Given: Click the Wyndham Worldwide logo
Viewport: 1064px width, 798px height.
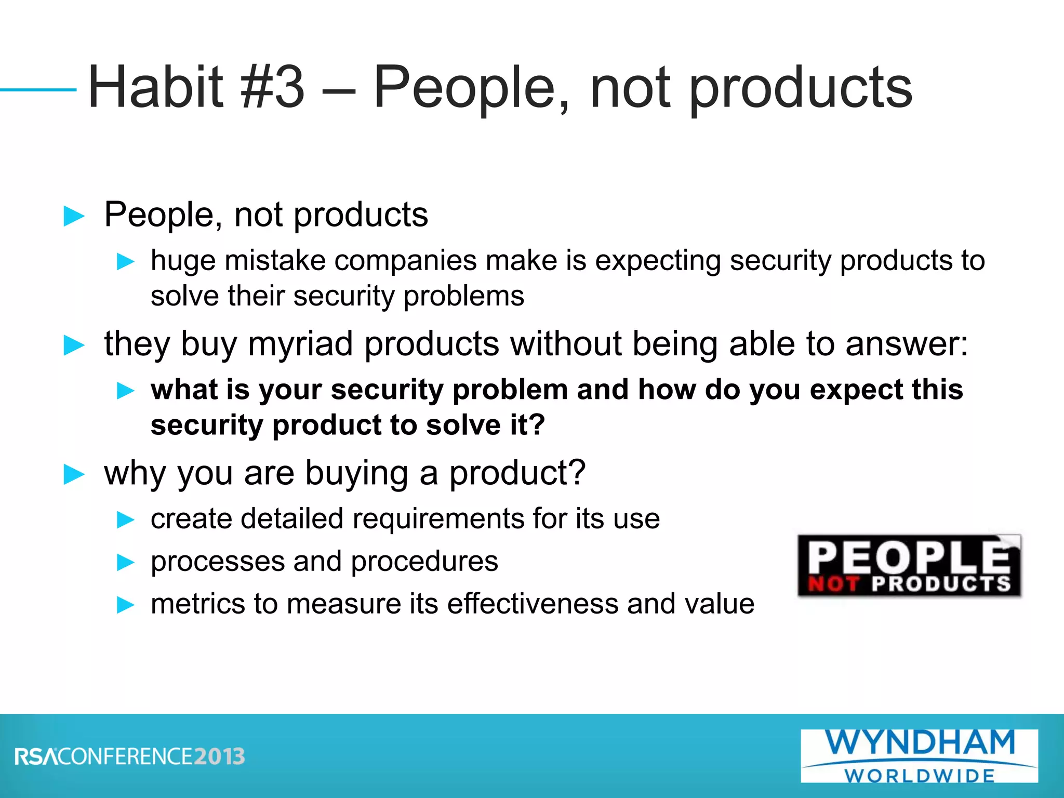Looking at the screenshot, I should click(919, 755).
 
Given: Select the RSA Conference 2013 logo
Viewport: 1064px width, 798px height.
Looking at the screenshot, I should click(130, 756).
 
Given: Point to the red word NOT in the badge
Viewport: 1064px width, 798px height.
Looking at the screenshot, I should click(833, 584).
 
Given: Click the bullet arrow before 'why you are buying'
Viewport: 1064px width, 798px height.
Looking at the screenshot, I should click(74, 474).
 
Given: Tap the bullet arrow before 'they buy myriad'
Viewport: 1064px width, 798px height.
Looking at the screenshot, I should click(74, 345).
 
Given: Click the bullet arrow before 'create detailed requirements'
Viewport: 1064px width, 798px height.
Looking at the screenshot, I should click(125, 520).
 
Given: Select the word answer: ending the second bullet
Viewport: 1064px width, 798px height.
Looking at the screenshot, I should click(907, 344).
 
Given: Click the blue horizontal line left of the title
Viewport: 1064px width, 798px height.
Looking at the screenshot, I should click(38, 90).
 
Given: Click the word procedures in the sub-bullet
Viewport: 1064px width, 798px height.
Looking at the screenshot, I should click(424, 562).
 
